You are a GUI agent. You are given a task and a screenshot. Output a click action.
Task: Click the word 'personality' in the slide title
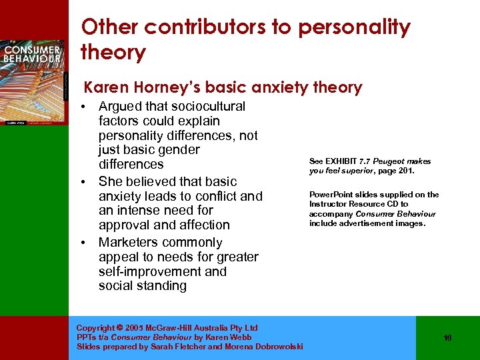tap(354, 28)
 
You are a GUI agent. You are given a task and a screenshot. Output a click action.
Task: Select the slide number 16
tap(447, 338)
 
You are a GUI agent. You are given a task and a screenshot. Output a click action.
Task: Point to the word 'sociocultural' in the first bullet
tap(208, 107)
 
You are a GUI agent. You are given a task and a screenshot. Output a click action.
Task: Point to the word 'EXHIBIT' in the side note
tap(341, 161)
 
